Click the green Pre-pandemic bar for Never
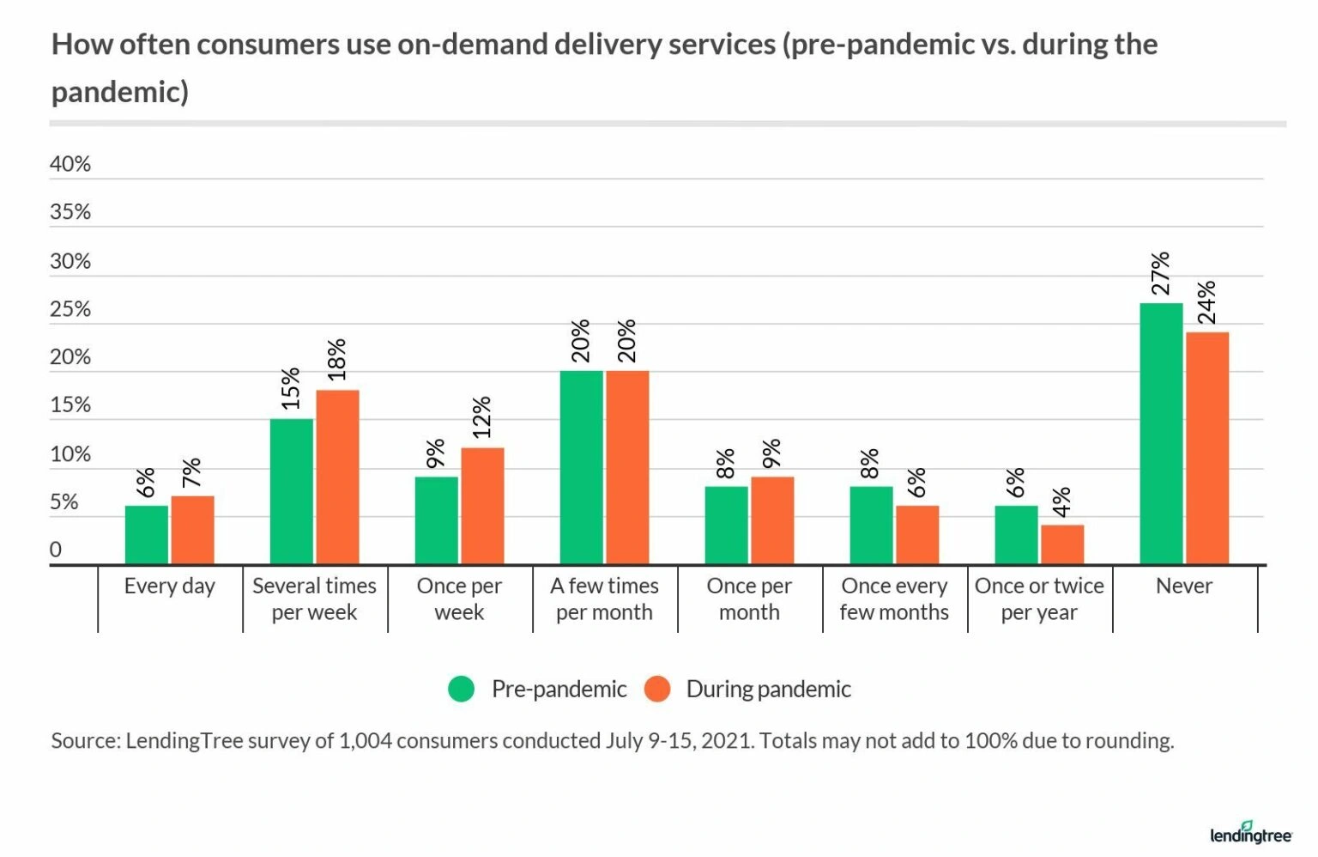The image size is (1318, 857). [x=1160, y=434]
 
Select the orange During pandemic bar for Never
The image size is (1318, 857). [x=1206, y=447]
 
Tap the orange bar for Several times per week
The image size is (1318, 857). [x=337, y=477]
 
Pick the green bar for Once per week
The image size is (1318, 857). [x=436, y=520]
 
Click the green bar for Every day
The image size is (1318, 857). [x=146, y=534]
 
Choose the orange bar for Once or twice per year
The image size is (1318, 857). [x=1061, y=544]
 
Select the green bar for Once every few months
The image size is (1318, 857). [x=871, y=525]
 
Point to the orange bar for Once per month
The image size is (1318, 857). [x=772, y=520]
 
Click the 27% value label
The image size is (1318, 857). [x=1160, y=274]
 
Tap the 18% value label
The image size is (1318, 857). [x=337, y=360]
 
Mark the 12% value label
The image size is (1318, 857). [x=482, y=417]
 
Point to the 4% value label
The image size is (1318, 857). [x=1061, y=502]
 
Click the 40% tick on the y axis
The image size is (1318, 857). [x=70, y=164]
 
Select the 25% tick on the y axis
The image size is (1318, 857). [x=70, y=309]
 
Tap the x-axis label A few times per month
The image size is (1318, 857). [x=604, y=599]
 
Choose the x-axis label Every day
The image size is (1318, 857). [x=169, y=586]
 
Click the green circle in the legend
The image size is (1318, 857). [x=462, y=689]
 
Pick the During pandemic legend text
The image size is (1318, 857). [x=768, y=689]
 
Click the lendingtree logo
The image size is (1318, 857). [x=1250, y=833]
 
